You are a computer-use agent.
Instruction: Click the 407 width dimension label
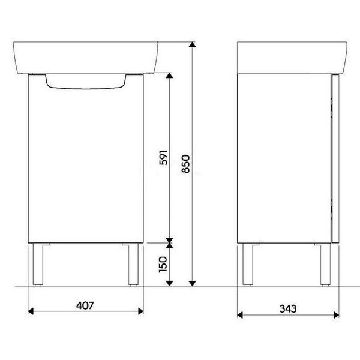[x=85, y=305]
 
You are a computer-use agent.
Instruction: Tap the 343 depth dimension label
[x=288, y=309]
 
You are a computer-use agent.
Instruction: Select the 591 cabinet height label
[x=163, y=157]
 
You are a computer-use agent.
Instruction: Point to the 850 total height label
[x=186, y=164]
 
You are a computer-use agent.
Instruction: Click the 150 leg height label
[x=163, y=265]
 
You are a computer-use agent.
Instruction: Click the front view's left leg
[x=38, y=264]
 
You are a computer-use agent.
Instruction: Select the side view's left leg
[x=248, y=264]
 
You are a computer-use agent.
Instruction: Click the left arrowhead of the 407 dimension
[x=31, y=311]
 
